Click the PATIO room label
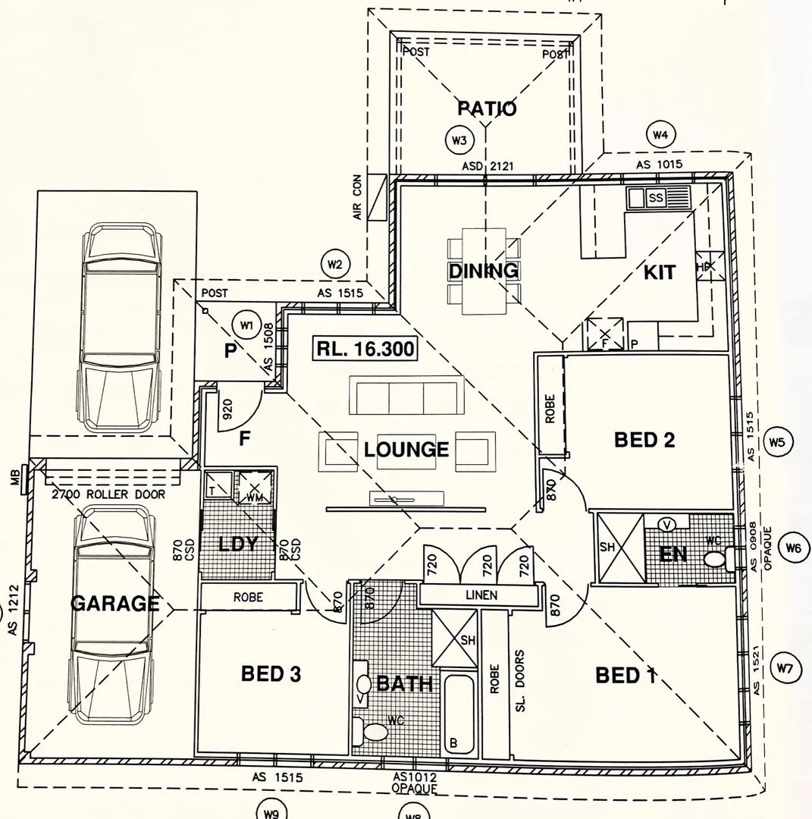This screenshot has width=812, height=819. (487, 108)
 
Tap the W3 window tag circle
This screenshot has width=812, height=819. (458, 140)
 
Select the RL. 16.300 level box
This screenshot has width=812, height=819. (365, 350)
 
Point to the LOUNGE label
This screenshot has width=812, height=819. (406, 450)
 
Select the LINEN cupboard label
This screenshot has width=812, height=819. (481, 595)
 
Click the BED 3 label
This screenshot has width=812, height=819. (271, 673)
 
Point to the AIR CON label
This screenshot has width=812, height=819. (359, 196)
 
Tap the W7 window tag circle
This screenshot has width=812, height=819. (785, 668)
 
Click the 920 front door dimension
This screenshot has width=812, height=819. (226, 410)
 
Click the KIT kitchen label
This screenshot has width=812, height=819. (659, 272)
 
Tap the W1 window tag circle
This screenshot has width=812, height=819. (246, 325)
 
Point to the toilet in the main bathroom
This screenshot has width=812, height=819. (373, 732)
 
